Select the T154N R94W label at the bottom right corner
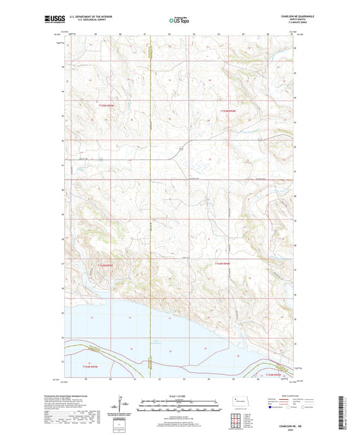click(274, 374)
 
